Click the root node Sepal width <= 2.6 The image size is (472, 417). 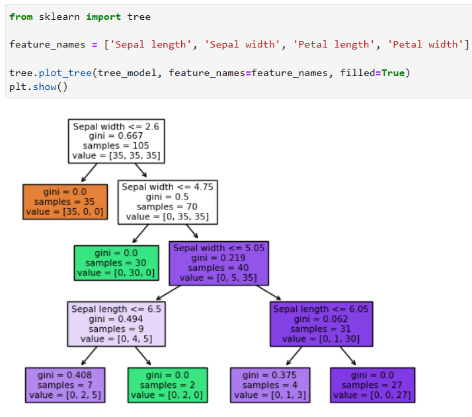pos(116,141)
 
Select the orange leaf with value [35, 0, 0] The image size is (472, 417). pos(65,202)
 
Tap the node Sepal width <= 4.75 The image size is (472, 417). pos(167,202)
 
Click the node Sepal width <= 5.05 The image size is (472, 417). pos(219,262)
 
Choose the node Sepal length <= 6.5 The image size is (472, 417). pos(116,324)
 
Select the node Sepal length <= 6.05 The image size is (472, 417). pos(321,324)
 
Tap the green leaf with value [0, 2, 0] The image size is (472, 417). pos(168,385)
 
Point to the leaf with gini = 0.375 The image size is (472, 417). pos(270,385)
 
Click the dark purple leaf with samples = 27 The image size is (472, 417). pos(373,385)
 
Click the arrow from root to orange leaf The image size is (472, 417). pos(88,173)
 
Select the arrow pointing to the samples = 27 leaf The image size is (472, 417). pos(348,357)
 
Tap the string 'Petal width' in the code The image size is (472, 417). pos(426,44)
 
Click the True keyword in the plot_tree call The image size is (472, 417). pos(392,72)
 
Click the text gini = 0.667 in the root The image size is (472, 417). pos(116,135)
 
